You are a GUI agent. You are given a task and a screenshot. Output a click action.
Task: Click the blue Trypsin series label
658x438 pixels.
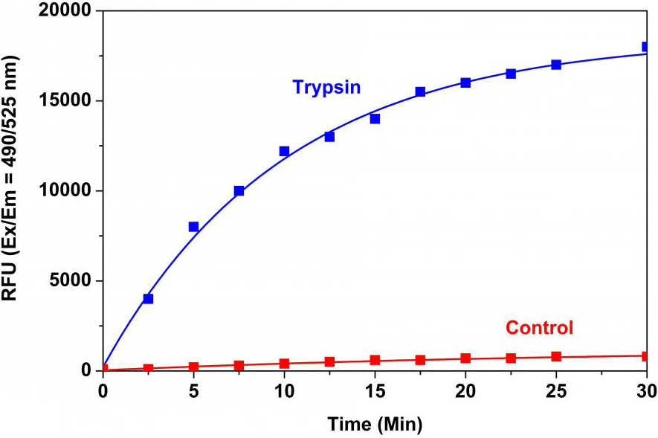click(x=326, y=87)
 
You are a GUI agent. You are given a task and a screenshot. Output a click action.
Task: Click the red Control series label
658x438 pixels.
click(x=539, y=328)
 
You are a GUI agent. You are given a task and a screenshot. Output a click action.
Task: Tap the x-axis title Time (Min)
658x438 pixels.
click(x=375, y=425)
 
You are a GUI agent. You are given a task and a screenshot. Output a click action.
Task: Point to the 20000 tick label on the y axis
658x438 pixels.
click(x=65, y=11)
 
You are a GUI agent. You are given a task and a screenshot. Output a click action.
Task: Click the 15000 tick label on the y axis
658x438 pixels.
click(x=65, y=101)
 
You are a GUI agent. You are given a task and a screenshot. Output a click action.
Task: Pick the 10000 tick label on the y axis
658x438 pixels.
click(x=65, y=191)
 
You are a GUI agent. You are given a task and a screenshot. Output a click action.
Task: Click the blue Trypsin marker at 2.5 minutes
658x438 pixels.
click(x=148, y=298)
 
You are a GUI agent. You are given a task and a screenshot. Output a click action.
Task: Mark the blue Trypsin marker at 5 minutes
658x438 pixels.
click(x=193, y=227)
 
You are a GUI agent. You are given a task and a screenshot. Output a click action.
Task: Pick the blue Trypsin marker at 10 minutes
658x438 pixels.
click(x=284, y=151)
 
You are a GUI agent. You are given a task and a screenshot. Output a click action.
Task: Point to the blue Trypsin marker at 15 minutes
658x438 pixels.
click(x=375, y=119)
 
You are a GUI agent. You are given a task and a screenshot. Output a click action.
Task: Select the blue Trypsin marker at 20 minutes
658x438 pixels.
click(x=465, y=83)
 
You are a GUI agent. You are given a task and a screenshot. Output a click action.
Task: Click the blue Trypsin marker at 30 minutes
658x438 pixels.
click(x=646, y=47)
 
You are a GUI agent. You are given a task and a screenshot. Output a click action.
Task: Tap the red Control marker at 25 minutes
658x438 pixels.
click(x=556, y=356)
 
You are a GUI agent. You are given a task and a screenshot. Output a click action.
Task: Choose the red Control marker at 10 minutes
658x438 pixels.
click(x=284, y=364)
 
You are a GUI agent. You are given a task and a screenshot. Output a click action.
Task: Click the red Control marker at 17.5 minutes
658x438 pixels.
click(x=420, y=360)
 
